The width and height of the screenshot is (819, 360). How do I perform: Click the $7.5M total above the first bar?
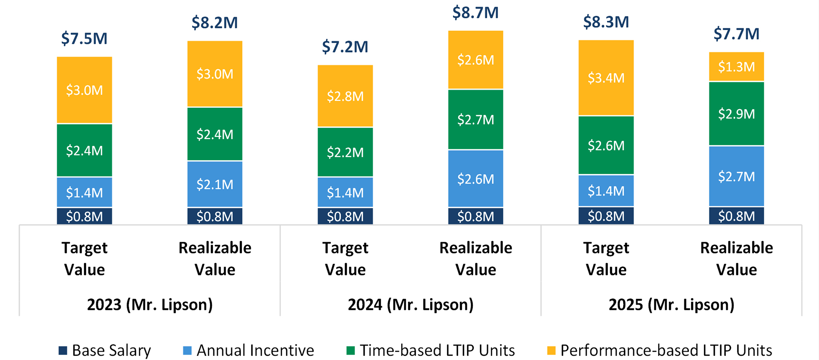(x=84, y=39)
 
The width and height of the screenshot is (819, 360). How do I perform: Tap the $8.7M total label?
(x=475, y=13)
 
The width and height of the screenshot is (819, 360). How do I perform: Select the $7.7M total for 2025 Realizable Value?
(x=736, y=34)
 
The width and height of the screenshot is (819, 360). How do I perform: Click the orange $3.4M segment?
(x=606, y=78)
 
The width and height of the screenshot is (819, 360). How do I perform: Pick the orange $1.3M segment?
(x=736, y=67)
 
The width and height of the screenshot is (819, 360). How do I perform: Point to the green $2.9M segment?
(x=736, y=114)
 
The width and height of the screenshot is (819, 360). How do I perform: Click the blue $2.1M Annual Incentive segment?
(x=215, y=184)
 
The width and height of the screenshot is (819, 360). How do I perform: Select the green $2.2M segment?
(x=345, y=152)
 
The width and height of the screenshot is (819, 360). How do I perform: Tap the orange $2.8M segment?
(x=345, y=96)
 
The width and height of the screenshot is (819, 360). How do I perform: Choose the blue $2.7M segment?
(x=736, y=176)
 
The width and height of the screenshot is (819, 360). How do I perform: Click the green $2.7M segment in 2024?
(x=475, y=120)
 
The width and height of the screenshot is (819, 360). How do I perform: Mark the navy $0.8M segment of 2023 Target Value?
(x=84, y=216)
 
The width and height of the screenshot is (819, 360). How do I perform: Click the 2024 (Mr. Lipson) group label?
(x=410, y=304)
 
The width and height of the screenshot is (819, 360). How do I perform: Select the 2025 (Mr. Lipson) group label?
(x=671, y=304)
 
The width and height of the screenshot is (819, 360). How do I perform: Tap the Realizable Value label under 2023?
(x=215, y=258)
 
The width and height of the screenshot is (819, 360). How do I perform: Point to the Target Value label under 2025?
(x=606, y=258)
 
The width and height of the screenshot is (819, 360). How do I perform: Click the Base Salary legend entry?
(x=105, y=350)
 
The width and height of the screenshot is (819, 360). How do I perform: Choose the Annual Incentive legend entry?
(x=249, y=350)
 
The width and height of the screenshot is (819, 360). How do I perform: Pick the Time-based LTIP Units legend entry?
(x=431, y=350)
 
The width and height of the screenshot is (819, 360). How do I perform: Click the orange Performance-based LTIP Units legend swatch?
(x=551, y=351)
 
